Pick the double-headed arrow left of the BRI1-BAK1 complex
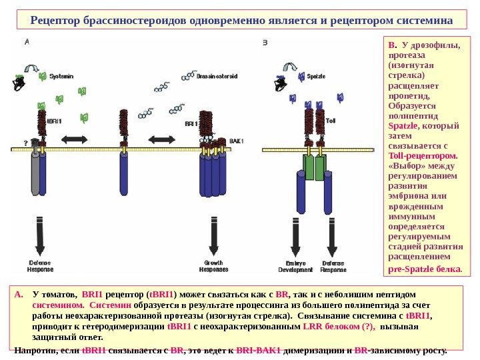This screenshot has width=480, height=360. (x=161, y=139)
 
